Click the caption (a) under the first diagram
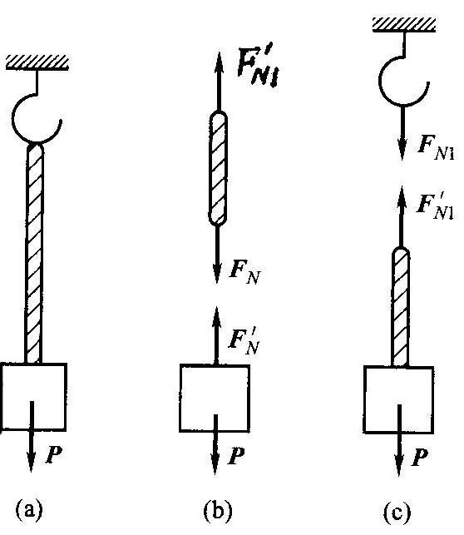[x=30, y=510]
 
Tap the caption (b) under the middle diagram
[x=218, y=511]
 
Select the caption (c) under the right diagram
[x=397, y=512]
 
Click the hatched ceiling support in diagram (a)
[x=37, y=63]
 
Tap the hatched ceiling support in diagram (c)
[x=404, y=25]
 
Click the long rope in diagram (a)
[x=34, y=253]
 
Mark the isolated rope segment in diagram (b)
[x=218, y=168]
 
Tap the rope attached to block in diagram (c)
[x=401, y=307]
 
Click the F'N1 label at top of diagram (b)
[x=258, y=67]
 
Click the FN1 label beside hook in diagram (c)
[x=437, y=147]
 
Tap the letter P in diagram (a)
[x=54, y=454]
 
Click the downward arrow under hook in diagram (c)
[x=402, y=133]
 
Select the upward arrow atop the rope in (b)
[x=219, y=82]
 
